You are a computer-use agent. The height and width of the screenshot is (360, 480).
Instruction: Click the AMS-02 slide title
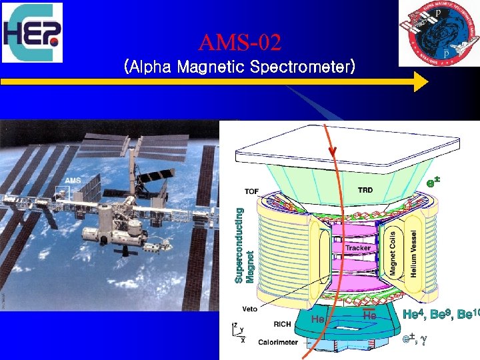(240, 44)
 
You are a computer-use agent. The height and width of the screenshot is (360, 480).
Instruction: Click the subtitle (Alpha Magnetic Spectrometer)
(240, 67)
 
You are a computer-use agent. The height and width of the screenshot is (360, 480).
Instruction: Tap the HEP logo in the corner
(32, 33)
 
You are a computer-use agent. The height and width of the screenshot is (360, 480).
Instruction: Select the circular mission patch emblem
(439, 33)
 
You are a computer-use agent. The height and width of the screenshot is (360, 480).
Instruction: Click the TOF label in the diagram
(251, 191)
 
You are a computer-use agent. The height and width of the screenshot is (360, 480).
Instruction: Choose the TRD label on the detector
(366, 189)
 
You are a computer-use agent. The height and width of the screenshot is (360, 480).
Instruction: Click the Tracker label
(358, 248)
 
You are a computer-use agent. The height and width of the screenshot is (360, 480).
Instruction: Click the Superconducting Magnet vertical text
(244, 245)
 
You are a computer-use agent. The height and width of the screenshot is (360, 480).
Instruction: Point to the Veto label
(249, 309)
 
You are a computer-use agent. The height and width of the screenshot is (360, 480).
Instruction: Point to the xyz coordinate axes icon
(238, 333)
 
